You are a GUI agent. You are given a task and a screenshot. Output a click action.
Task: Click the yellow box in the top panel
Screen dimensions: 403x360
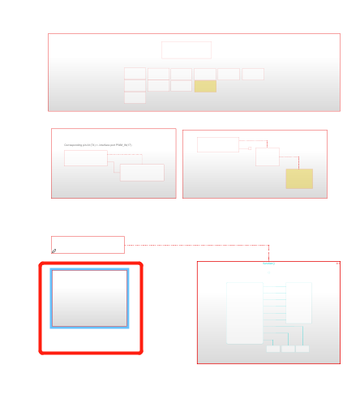tap(205, 86)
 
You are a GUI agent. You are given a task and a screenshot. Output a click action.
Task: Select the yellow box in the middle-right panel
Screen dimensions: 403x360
tap(299, 178)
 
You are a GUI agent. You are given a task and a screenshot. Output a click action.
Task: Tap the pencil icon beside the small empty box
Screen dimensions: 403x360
tap(54, 251)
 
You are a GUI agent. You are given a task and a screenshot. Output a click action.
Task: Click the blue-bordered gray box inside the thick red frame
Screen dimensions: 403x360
tap(89, 298)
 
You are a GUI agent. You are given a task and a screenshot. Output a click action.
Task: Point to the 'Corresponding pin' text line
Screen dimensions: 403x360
tap(98, 145)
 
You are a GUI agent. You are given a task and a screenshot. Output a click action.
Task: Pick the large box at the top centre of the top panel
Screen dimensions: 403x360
tap(186, 50)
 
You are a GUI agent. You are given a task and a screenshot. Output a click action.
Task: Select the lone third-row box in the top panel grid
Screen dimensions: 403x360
tap(135, 97)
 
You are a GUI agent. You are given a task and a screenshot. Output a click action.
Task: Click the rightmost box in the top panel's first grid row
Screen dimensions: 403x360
tap(253, 74)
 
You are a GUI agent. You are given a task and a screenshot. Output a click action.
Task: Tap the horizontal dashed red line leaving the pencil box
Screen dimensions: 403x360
tap(195, 245)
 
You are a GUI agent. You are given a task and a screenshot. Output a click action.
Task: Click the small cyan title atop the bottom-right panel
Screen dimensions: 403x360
tap(268, 264)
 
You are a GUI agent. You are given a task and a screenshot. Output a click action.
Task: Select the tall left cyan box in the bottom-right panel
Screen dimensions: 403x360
tap(244, 313)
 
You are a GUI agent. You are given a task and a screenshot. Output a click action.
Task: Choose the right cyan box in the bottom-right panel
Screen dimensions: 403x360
tap(298, 302)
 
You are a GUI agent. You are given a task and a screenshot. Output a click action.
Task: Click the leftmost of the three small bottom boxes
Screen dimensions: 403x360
tap(273, 349)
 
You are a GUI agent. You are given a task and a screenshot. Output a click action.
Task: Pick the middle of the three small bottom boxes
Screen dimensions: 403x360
tap(288, 349)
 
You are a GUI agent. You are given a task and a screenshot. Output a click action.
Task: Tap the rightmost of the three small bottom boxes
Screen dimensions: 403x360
tap(302, 349)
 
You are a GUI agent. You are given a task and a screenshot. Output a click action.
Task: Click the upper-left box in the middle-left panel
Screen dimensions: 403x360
tap(85, 157)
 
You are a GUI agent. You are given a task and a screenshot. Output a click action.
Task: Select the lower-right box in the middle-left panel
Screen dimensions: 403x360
tap(142, 172)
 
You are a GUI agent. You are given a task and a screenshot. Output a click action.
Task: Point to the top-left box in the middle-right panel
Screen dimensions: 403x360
tap(217, 144)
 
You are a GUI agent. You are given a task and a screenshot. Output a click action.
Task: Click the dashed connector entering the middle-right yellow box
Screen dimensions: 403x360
tap(298, 161)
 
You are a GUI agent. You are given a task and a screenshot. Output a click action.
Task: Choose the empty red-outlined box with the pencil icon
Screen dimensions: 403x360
tap(88, 244)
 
